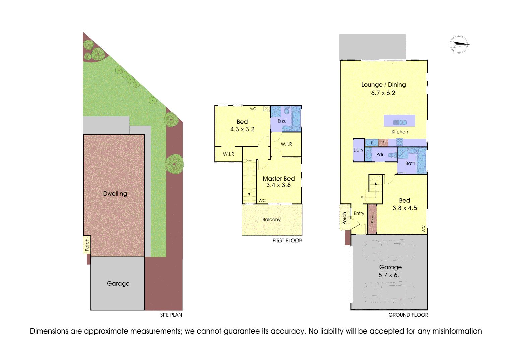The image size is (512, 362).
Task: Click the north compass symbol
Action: tap(459, 44)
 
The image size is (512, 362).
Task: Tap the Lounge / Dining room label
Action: tap(383, 85)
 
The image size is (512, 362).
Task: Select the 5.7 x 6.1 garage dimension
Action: tap(390, 275)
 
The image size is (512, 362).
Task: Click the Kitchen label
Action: tap(400, 132)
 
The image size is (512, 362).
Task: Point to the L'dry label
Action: tap(358, 150)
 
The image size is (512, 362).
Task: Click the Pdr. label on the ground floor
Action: tap(380, 155)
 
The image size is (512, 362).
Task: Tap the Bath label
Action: tap(410, 163)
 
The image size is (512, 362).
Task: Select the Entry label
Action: tap(359, 213)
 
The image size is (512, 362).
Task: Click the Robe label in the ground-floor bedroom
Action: tap(372, 219)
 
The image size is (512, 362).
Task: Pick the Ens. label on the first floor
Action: tap(282, 121)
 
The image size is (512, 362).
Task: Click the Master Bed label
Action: tap(278, 179)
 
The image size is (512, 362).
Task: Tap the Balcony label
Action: tap(271, 220)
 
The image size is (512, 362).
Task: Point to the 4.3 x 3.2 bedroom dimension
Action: tap(242, 129)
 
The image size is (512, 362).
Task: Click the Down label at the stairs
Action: tap(249, 161)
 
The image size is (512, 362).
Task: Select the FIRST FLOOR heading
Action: tap(287, 241)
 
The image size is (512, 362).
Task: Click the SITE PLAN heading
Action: tap(171, 315)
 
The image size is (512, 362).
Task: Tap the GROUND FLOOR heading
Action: tap(408, 315)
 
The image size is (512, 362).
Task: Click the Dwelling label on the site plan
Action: tap(115, 194)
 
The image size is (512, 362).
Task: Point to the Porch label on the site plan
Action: tap(87, 245)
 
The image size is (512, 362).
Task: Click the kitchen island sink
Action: tap(400, 122)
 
